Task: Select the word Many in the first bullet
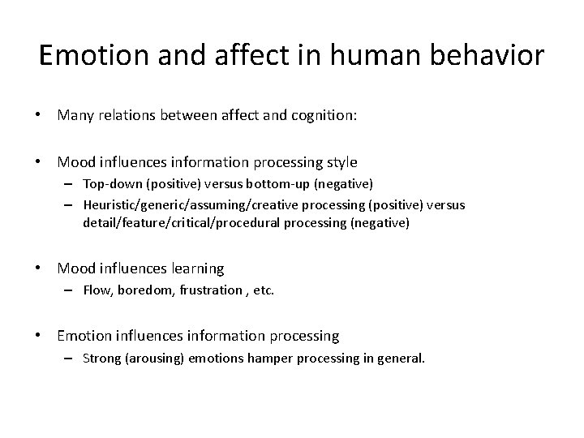tap(75, 115)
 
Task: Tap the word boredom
tap(144, 290)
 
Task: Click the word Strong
tap(101, 358)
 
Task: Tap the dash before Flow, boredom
tap(71, 290)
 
